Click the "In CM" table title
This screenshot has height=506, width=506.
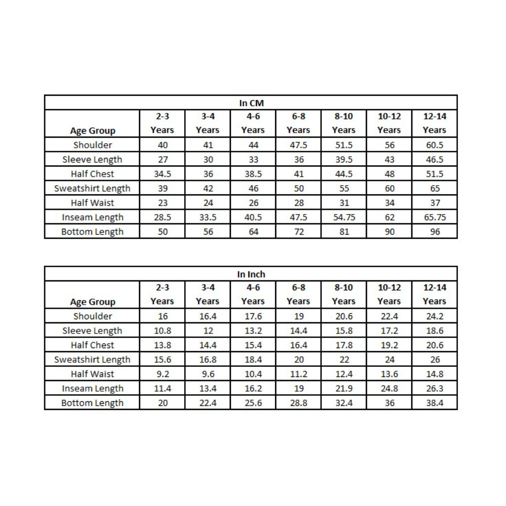[251, 103]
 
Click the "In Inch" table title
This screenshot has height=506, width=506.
[251, 274]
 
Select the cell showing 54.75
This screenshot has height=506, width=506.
[344, 217]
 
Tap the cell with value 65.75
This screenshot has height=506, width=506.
[434, 217]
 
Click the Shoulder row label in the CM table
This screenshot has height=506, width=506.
[93, 145]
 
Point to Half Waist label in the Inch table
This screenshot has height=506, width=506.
[93, 374]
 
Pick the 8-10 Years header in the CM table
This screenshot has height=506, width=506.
[344, 123]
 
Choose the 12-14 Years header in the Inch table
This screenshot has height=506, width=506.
[434, 294]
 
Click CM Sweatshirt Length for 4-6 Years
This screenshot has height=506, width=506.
[253, 188]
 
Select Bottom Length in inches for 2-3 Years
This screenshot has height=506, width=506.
[162, 403]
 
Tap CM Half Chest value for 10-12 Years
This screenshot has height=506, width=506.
[389, 174]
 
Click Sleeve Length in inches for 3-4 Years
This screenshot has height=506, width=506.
[207, 331]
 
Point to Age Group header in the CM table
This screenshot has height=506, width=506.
[93, 131]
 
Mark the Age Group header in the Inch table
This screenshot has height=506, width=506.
[93, 302]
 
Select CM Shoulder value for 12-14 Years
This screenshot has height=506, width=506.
[434, 145]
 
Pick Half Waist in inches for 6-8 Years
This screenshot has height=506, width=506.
[298, 374]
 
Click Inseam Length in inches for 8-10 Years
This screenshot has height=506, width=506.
[344, 389]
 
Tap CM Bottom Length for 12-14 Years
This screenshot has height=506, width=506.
[434, 232]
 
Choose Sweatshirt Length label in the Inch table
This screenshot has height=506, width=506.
[93, 360]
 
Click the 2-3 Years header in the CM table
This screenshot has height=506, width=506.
[162, 123]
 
